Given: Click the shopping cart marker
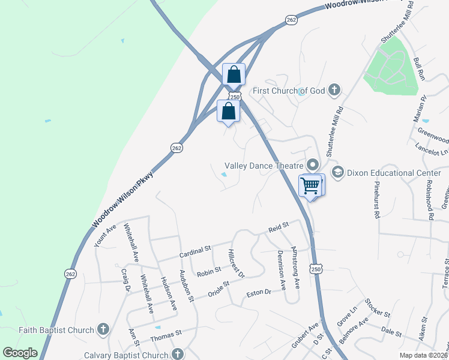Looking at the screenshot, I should click(310, 185).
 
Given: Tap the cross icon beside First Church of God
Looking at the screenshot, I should click(334, 91).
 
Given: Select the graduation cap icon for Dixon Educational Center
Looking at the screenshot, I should click(337, 173).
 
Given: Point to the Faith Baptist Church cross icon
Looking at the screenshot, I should click(103, 329).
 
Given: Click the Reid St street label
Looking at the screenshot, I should click(279, 226).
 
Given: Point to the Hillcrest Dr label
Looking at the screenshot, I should click(237, 263).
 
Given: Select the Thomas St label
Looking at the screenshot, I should click(166, 334).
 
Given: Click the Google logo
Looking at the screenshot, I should click(19, 353).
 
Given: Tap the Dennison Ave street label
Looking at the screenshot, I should click(281, 267).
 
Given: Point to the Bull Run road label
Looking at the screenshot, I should click(419, 70).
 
